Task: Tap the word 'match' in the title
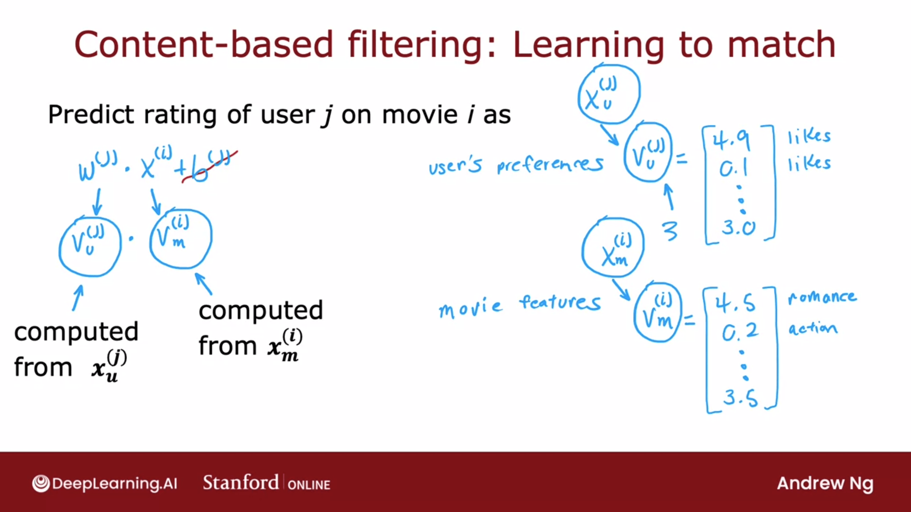[x=781, y=44]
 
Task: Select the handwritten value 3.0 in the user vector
[x=738, y=228]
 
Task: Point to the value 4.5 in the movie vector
[x=735, y=302]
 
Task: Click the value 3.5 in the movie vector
[x=740, y=397]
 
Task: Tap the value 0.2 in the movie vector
[x=740, y=332]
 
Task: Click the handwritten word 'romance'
[x=822, y=297]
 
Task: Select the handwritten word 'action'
[x=813, y=328]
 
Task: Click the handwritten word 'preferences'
[x=550, y=165]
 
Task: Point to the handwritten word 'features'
[x=560, y=302]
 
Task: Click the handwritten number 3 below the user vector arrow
[x=670, y=231]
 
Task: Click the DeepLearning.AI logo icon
[x=41, y=484]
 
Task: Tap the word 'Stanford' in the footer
[x=241, y=483]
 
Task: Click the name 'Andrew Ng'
[x=825, y=484]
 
